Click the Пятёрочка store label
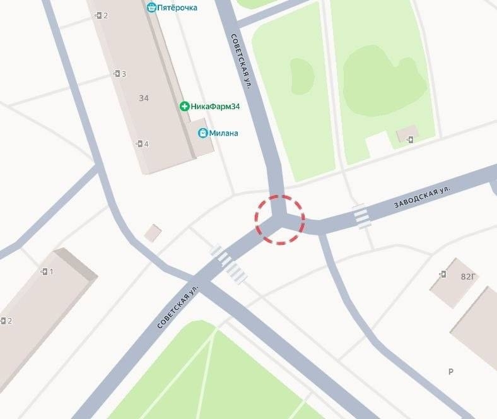point(177,8)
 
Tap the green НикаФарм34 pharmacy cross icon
point(184,107)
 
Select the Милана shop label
point(224,133)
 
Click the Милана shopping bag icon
point(202,133)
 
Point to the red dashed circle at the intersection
point(279,220)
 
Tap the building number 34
point(144,98)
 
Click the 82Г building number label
point(468,276)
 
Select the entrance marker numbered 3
point(119,74)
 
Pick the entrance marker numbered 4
point(142,144)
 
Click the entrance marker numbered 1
point(47,271)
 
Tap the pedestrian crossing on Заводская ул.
point(361,216)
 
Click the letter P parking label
point(451,372)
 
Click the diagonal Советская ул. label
point(178,305)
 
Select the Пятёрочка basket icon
point(151,8)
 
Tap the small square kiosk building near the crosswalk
point(153,233)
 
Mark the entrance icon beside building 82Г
point(443,274)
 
